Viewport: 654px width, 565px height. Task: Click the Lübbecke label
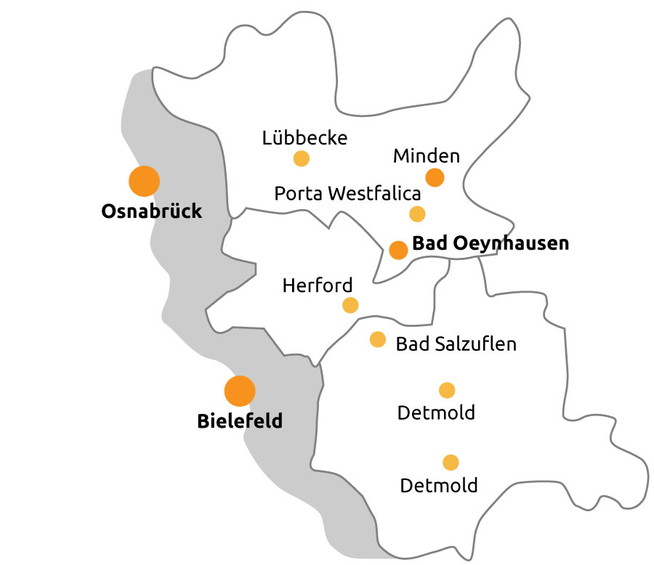click(x=305, y=137)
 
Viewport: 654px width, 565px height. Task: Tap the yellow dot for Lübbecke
click(x=301, y=158)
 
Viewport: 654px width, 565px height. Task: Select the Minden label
click(x=427, y=155)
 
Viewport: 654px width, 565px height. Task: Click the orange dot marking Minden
click(x=435, y=177)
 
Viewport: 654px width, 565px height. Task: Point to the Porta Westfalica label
click(x=347, y=194)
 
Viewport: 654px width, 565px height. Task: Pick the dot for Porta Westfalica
click(x=417, y=214)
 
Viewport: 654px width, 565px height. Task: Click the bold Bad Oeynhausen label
click(x=490, y=243)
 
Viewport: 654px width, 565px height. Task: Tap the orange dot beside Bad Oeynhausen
click(x=398, y=250)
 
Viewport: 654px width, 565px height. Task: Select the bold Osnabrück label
click(x=152, y=211)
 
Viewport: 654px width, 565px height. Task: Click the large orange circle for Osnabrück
click(x=144, y=181)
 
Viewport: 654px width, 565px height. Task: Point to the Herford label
click(x=318, y=285)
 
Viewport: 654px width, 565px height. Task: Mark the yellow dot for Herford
click(x=350, y=305)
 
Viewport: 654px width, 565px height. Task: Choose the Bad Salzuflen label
click(x=456, y=344)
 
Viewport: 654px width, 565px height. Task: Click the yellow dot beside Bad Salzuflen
click(x=378, y=339)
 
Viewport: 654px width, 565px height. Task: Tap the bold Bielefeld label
click(x=240, y=420)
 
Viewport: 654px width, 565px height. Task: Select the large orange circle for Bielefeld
click(x=240, y=391)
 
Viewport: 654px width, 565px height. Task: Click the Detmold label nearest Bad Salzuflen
click(x=436, y=413)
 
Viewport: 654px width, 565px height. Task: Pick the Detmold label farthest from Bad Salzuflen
click(x=439, y=484)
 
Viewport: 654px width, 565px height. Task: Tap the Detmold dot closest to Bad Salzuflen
click(x=447, y=390)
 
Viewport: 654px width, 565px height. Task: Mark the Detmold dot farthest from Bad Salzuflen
click(x=451, y=462)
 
